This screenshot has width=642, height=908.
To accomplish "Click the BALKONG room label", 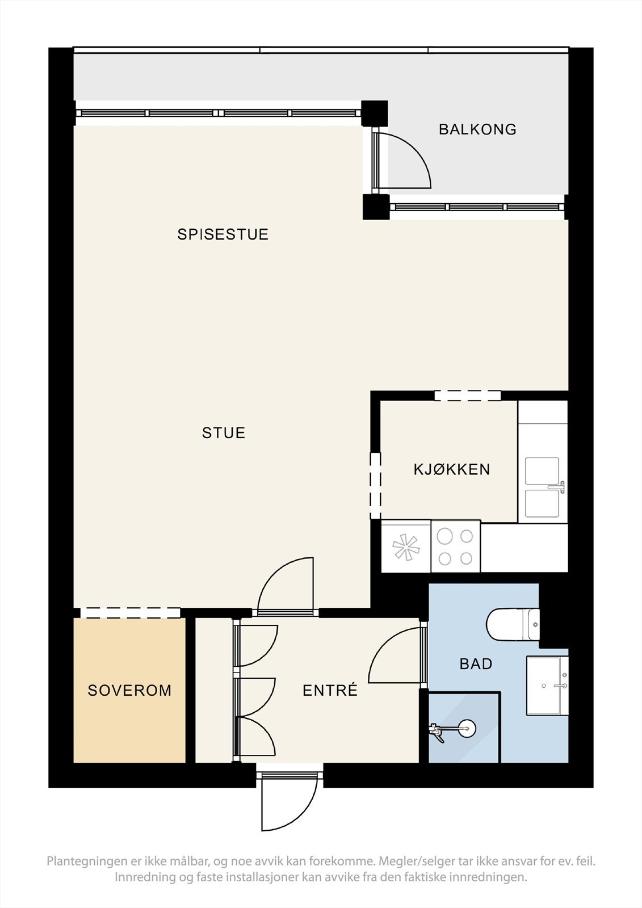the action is (477, 129).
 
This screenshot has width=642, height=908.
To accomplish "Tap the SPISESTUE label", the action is (223, 234).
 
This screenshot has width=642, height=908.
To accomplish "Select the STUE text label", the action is (224, 433).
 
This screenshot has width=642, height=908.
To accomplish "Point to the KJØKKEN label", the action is (452, 469).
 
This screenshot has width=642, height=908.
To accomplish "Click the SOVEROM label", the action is (130, 690).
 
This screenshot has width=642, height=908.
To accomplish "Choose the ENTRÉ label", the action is (330, 690).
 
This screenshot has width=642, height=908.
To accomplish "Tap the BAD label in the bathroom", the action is (476, 664).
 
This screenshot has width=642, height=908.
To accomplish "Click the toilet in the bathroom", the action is (513, 625).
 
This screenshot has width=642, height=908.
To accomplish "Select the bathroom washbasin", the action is (547, 686).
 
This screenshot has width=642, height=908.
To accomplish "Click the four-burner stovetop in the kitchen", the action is (455, 547).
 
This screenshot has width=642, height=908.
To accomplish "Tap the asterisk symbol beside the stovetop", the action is (405, 547).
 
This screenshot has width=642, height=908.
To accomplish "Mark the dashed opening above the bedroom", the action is (130, 612).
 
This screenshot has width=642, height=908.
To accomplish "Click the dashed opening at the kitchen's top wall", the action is (468, 396).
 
